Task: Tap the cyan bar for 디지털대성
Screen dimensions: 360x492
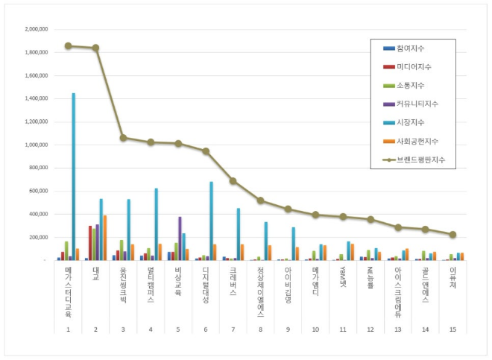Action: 212,221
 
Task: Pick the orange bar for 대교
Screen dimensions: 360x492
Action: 105,238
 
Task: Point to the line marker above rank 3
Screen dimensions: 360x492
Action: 123,138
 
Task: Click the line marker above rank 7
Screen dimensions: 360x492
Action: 233,181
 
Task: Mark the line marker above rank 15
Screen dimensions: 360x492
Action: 452,234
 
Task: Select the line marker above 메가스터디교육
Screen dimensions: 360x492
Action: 68,45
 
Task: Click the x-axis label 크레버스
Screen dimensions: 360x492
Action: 233,282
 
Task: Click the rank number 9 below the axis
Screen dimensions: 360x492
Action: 288,328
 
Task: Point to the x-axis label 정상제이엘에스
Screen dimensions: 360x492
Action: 261,291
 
